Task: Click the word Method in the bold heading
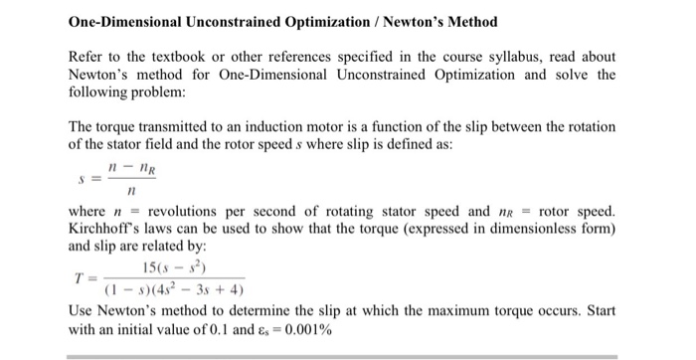click(x=466, y=21)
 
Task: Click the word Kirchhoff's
click(x=104, y=228)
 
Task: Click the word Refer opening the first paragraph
click(x=86, y=57)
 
